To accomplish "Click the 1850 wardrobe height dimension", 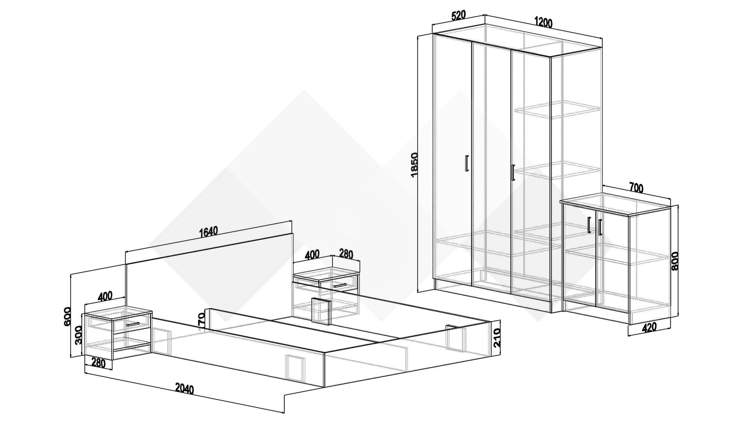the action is coord(415,164).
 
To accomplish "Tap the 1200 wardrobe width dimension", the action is coord(543,23).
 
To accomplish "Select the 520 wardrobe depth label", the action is coord(458,15).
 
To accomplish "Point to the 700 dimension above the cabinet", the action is coord(636,188).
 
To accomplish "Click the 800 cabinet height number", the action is coord(675,261).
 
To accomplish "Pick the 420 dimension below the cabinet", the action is coord(649,327).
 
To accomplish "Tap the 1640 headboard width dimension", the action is coord(208,232).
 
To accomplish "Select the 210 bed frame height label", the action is coord(497,338).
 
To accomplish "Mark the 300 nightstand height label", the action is coord(78,335).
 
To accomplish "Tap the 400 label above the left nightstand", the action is coord(105,296).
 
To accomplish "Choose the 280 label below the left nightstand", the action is coord(98,363).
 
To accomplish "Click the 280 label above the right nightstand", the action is coord(346,254).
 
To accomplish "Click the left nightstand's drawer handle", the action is coord(133,324).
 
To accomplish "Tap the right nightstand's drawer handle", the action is coord(340,285).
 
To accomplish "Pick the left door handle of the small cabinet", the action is coord(589,225).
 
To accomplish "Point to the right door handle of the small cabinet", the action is coord(600,227).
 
